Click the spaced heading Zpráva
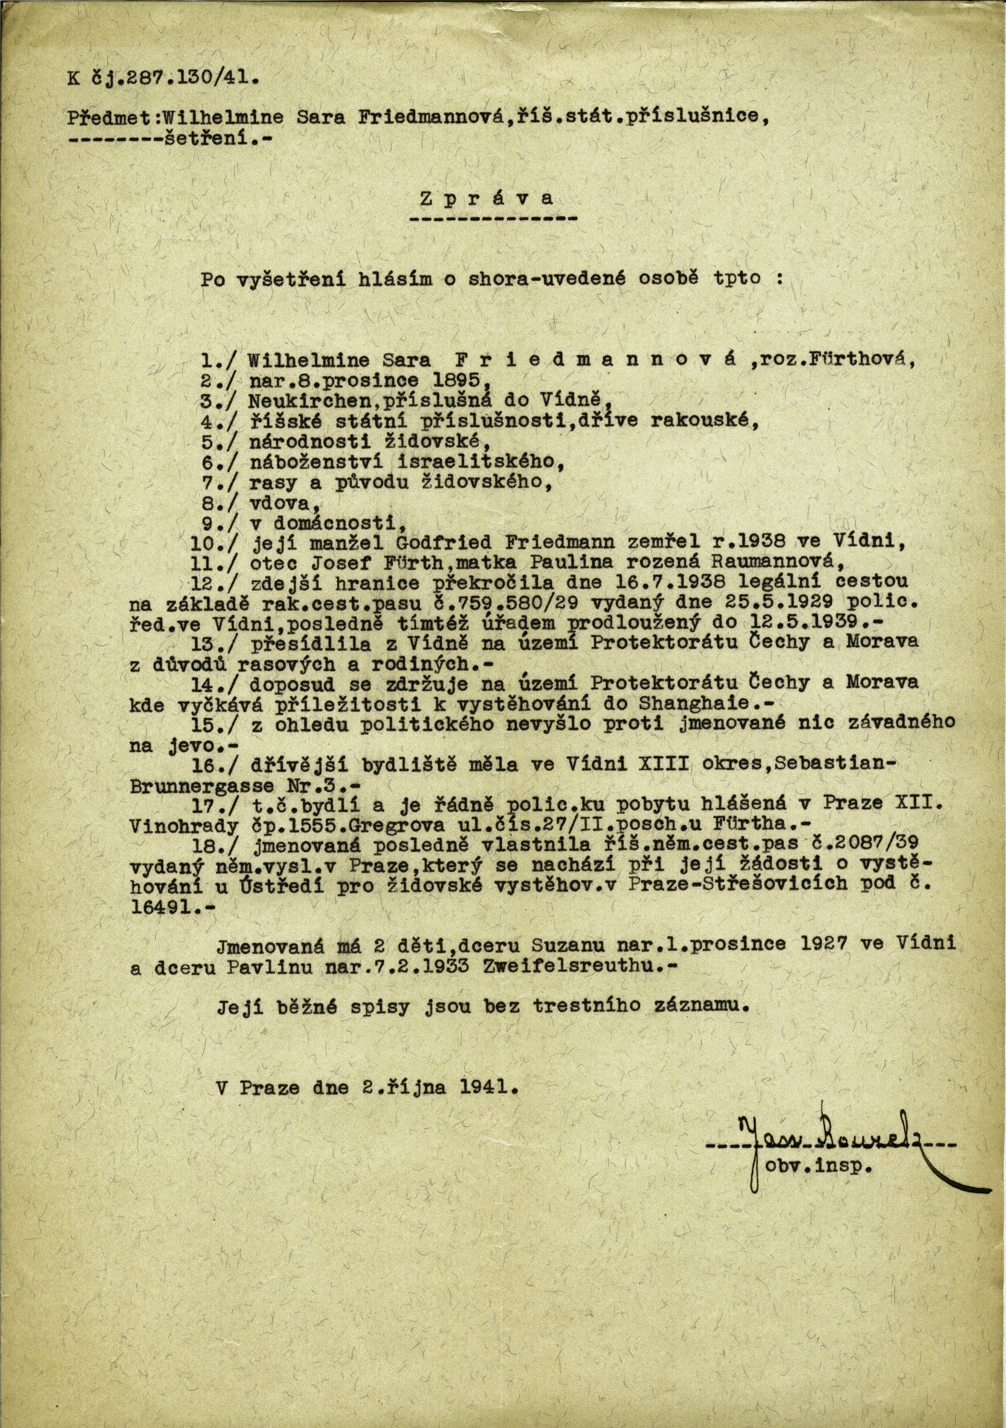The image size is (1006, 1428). click(487, 199)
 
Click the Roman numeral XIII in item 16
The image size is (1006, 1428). click(669, 764)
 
